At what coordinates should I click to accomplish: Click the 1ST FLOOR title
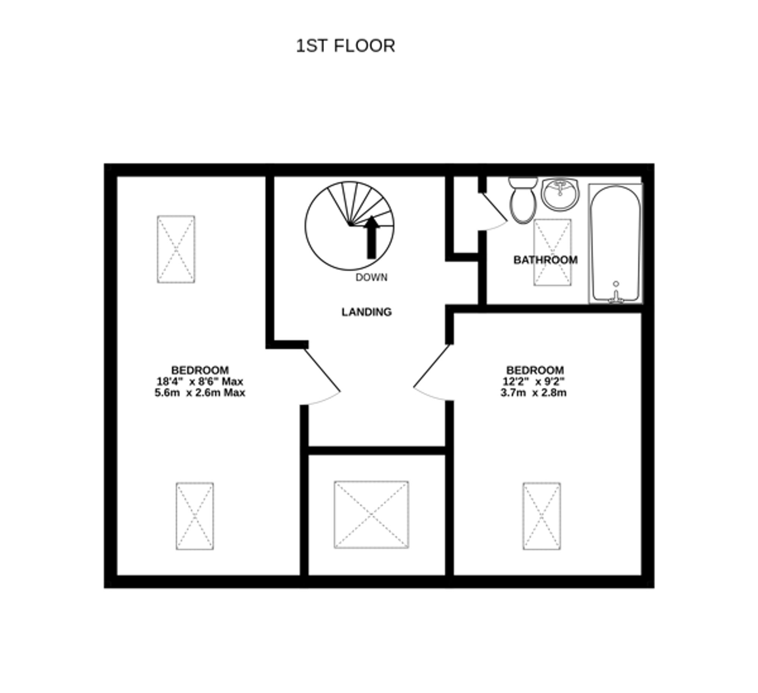point(345,46)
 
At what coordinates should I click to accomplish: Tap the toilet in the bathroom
point(523,203)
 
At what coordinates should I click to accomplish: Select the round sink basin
point(560,195)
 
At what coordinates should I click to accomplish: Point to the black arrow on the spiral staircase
point(372,237)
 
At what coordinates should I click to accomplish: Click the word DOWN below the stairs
point(371,278)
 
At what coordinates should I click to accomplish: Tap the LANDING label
point(366,312)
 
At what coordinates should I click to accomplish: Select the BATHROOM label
point(545,260)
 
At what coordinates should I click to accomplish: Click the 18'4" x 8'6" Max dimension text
point(200,381)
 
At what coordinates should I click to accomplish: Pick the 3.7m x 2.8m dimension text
point(534,393)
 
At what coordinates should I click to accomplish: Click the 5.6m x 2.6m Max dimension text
point(200,393)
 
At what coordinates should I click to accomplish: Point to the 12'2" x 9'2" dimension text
point(534,381)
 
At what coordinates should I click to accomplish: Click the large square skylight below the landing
point(371,515)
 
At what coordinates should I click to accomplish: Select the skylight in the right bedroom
point(542,516)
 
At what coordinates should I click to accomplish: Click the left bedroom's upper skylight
point(176,249)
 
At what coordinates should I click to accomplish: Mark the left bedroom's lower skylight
point(195,516)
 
